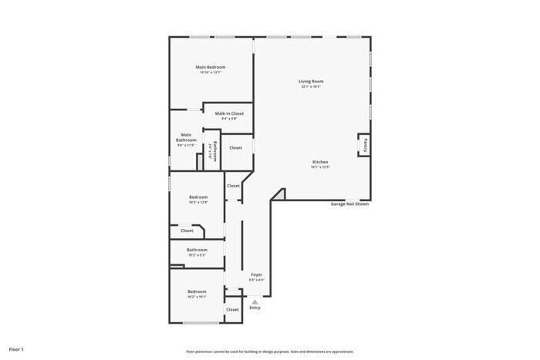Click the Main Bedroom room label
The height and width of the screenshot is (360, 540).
(x=211, y=67)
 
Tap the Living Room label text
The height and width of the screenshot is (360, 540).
(x=311, y=81)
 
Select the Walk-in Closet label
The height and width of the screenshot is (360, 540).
(x=229, y=113)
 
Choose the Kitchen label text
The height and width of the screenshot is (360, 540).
(x=320, y=162)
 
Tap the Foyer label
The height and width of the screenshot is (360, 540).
(x=257, y=274)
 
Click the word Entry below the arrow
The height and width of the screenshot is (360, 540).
(x=255, y=308)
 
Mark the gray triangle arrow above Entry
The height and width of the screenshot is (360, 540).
(x=255, y=301)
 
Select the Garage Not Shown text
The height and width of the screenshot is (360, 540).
(x=349, y=204)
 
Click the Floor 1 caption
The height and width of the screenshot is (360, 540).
(x=16, y=349)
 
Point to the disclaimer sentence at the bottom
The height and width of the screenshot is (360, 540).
(x=269, y=351)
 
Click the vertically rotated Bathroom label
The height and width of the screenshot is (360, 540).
(x=215, y=150)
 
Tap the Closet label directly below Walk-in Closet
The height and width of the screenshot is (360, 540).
(x=235, y=147)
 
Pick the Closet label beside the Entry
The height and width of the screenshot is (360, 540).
(x=232, y=309)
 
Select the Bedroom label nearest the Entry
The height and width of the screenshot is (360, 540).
(x=197, y=291)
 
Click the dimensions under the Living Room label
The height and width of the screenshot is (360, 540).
(x=311, y=86)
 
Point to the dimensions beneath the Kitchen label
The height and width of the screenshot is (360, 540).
(x=320, y=167)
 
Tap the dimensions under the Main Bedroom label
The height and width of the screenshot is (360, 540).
(x=211, y=72)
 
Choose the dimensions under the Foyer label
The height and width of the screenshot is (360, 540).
(x=257, y=280)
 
